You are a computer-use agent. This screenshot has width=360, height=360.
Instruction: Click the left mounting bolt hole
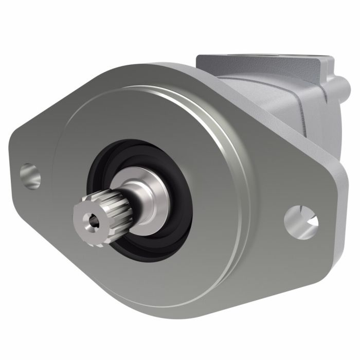(x=30, y=175)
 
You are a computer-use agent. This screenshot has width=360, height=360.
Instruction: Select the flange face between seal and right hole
(x=242, y=216)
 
